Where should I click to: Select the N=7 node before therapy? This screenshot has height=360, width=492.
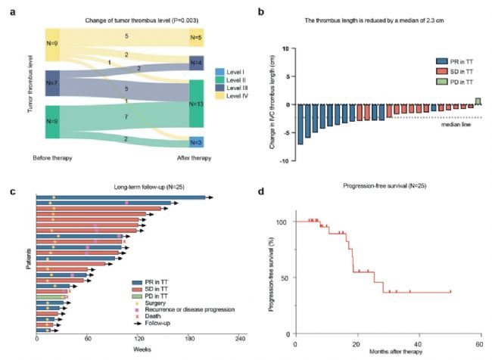[x=52, y=82]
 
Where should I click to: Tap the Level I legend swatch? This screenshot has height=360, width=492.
[x=220, y=51]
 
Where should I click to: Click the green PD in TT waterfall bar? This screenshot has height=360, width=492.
[x=478, y=101]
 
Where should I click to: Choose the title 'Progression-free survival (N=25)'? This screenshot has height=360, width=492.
[x=386, y=185]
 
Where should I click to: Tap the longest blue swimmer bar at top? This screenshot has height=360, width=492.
[x=121, y=198]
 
